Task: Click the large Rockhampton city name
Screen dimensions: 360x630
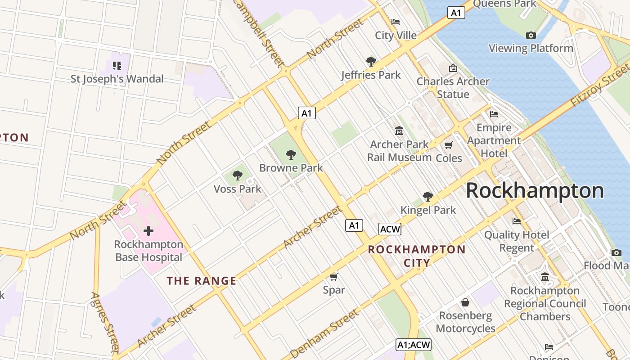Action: click(535, 191)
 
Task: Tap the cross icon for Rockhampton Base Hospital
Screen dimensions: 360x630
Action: click(148, 231)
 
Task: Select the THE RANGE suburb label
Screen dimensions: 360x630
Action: click(201, 281)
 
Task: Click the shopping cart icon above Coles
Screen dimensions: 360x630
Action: click(448, 145)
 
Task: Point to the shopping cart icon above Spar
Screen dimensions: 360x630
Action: click(333, 277)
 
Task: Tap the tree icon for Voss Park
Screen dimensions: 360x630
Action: click(237, 175)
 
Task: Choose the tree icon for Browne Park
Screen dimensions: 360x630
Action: click(291, 155)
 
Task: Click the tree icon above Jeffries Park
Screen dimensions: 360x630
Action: click(371, 62)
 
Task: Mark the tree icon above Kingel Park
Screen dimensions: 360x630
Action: click(428, 197)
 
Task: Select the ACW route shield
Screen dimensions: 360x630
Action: click(390, 229)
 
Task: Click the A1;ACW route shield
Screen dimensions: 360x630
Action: click(414, 345)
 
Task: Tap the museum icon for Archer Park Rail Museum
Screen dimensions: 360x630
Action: click(399, 131)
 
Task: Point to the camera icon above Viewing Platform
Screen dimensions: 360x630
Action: click(531, 35)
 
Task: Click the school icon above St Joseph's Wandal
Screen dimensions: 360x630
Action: click(117, 66)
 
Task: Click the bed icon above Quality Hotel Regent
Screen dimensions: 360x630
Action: click(517, 221)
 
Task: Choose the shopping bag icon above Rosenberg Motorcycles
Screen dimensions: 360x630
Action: click(465, 302)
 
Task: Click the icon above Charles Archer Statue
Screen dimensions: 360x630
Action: click(453, 68)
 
